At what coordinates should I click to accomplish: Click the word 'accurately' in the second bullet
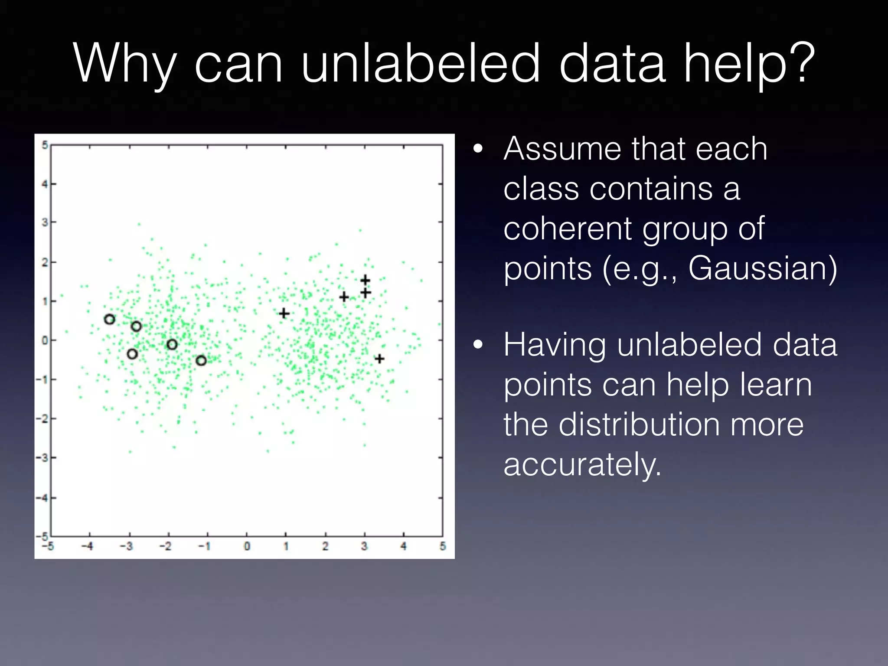[582, 464]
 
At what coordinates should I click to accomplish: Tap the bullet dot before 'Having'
[478, 345]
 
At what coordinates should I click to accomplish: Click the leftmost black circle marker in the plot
[110, 320]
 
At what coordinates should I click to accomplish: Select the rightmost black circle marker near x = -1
[201, 360]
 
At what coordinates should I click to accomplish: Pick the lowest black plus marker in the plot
[379, 359]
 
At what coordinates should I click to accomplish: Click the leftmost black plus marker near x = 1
[284, 313]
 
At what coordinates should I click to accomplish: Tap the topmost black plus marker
[365, 280]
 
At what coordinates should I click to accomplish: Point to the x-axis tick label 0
[247, 546]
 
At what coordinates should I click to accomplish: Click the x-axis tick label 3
[364, 546]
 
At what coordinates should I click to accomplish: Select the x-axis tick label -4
[88, 546]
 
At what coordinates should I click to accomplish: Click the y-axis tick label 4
[44, 184]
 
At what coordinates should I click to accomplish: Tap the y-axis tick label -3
[42, 458]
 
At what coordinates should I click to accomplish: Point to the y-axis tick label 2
[44, 262]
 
